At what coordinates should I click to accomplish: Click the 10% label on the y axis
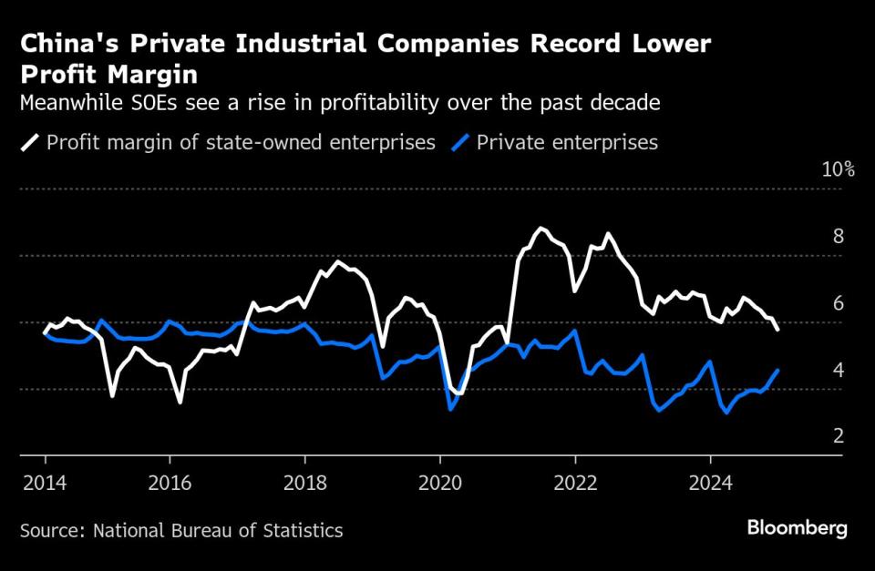point(838,170)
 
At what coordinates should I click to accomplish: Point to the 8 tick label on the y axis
point(839,237)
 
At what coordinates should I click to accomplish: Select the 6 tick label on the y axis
point(839,303)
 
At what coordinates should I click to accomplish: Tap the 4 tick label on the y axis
point(839,370)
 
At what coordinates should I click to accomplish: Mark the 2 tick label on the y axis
point(839,436)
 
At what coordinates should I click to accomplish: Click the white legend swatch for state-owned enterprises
point(30,143)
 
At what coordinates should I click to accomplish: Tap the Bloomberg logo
point(797,528)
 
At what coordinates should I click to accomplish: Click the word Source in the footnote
point(50,530)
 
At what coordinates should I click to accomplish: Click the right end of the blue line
point(777,370)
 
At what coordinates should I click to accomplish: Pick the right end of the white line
point(777,330)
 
